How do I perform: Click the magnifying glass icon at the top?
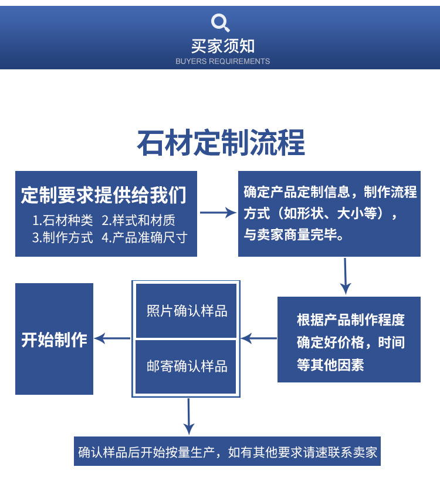click(x=220, y=23)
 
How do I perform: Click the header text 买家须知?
click(x=223, y=46)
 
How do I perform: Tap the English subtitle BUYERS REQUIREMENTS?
click(x=223, y=61)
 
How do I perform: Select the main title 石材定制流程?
click(x=221, y=144)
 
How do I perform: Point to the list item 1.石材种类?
click(x=63, y=220)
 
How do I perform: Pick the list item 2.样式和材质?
click(x=138, y=220)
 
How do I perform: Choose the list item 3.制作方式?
click(x=63, y=237)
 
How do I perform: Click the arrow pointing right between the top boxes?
click(x=217, y=213)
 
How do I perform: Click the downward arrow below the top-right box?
click(x=346, y=276)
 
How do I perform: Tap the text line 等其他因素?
click(x=330, y=365)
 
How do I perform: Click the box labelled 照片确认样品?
click(x=187, y=311)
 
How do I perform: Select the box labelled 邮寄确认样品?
click(x=187, y=367)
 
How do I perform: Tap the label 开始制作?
click(x=54, y=340)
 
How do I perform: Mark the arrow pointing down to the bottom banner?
click(x=188, y=417)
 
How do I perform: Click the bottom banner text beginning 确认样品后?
click(x=228, y=452)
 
